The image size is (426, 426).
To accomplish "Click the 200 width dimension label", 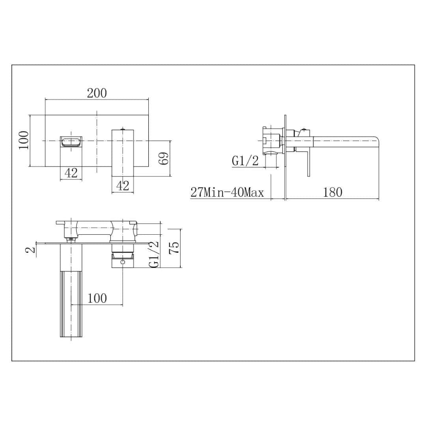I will coord(97,93).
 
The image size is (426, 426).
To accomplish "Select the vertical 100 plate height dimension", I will coord(24,140).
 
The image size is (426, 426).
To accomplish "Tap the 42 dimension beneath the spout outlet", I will coord(71,173).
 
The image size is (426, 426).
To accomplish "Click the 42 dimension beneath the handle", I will coord(123,185).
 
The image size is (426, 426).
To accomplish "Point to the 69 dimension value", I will coord(164,158).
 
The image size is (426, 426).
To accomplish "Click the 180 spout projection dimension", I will coord(333,192).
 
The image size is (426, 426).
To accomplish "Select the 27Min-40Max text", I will coord(227,192).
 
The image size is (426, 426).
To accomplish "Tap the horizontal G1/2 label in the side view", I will coord(245,161).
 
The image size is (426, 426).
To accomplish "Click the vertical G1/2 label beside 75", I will coord(154,254).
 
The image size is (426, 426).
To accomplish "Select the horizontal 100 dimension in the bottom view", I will coord(97,298).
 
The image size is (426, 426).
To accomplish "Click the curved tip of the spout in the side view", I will coord(376,140).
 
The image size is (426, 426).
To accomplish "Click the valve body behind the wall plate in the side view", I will coord(273,140).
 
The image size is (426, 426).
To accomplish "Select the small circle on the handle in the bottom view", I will coord(123,262).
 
